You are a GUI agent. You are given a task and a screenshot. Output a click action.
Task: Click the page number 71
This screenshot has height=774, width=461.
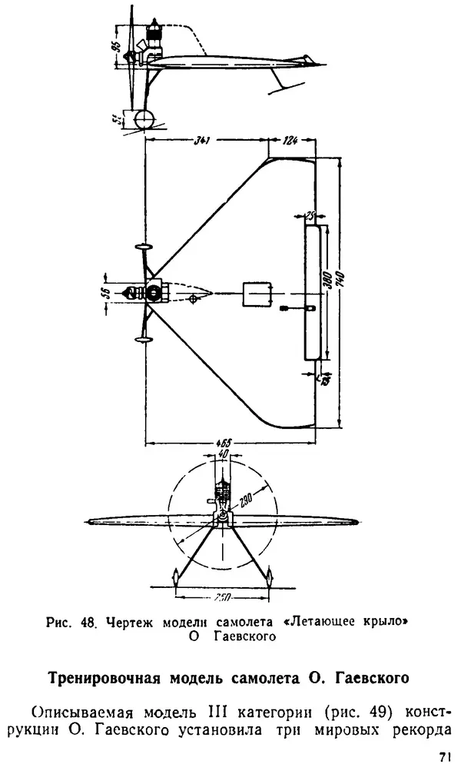(444, 757)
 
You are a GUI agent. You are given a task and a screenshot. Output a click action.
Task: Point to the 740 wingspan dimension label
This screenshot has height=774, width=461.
(339, 281)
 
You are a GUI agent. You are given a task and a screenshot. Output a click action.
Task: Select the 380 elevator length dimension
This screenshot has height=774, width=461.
(328, 281)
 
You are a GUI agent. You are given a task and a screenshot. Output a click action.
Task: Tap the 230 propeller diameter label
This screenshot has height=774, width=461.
(245, 500)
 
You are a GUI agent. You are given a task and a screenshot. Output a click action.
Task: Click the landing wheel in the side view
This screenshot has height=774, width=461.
(142, 121)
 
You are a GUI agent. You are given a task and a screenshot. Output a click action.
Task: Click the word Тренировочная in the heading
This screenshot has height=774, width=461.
(105, 678)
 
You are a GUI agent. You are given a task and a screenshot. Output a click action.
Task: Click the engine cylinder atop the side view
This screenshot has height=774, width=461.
(156, 32)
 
